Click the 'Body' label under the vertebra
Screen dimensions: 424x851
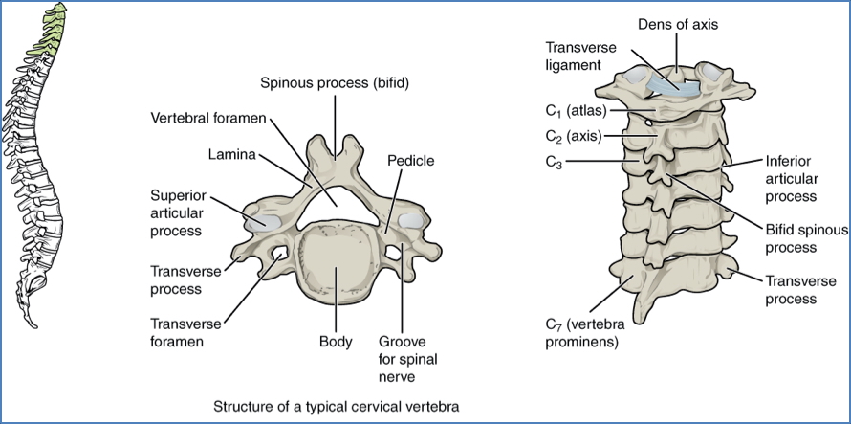coord(336,342)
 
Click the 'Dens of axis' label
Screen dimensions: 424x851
coord(678,23)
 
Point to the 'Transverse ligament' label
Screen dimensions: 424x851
coord(574,56)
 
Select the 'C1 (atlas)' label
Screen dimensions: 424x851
coord(573,111)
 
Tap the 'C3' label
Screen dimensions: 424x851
coord(552,163)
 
